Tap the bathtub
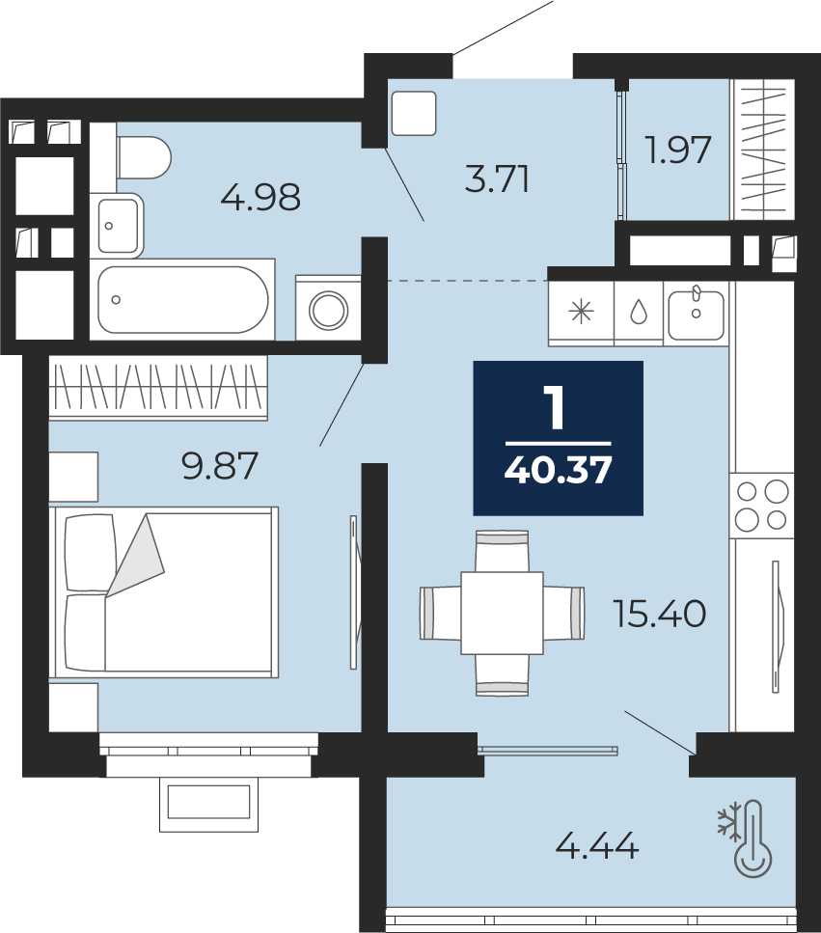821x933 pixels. [x=182, y=299]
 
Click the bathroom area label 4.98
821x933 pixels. [x=260, y=198]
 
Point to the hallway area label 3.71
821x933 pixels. [x=498, y=179]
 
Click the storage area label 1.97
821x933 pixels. [x=679, y=150]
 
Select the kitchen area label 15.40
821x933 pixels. [x=660, y=614]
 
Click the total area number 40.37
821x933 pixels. [x=558, y=470]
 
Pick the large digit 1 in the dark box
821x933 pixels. [x=557, y=409]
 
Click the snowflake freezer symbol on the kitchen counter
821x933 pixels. [x=581, y=312]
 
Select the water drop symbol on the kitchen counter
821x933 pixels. [x=639, y=312]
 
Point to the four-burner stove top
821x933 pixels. [x=761, y=506]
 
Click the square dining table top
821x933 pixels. [x=502, y=613]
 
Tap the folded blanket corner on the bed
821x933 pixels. [x=135, y=555]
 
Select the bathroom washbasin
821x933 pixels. [x=118, y=226]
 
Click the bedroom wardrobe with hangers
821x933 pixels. [x=158, y=388]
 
